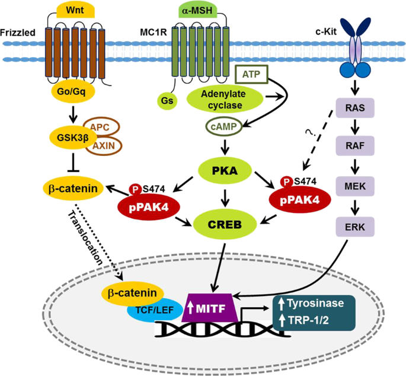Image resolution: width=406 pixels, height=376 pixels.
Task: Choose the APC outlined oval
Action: pos(102,126)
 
